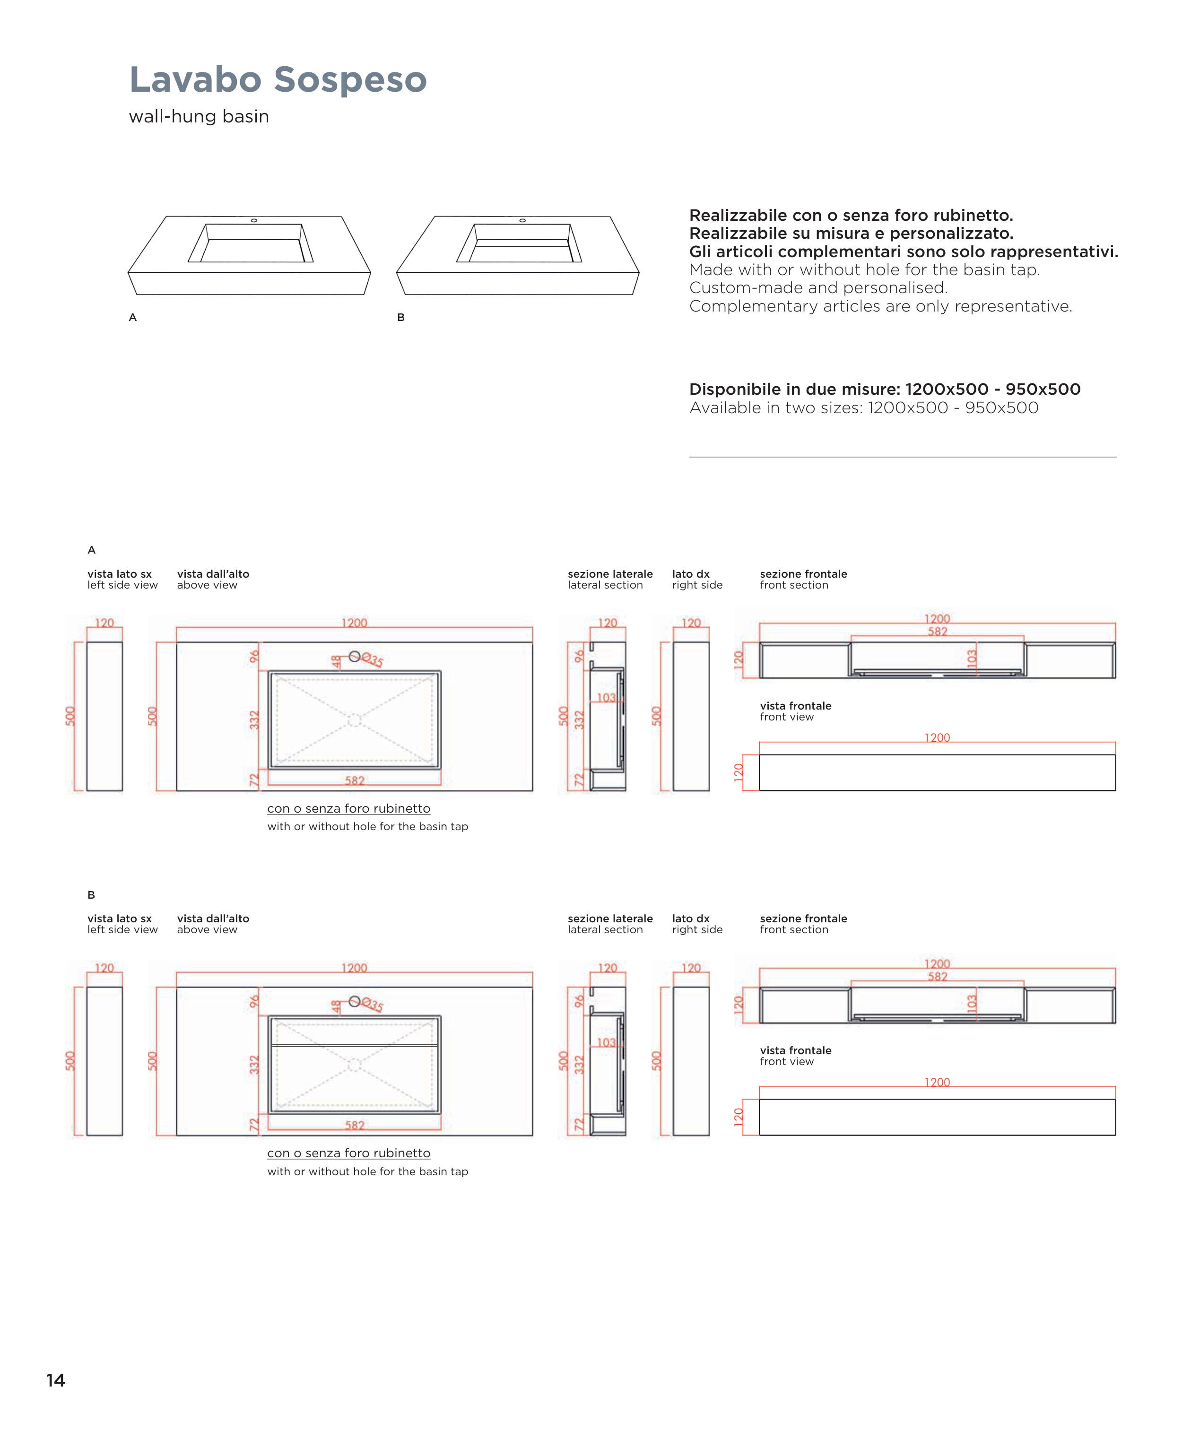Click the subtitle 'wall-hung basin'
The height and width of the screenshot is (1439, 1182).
199,116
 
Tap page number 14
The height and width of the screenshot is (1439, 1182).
56,1380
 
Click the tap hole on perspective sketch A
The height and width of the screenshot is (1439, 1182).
254,221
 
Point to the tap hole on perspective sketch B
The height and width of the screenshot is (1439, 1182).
522,221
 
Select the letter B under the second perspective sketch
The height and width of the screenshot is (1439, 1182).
401,317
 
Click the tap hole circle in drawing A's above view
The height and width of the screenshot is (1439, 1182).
355,656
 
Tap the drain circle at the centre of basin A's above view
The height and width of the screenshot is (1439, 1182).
355,719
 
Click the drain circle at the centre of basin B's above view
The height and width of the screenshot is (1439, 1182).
355,1065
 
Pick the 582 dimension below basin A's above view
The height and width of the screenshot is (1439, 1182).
355,781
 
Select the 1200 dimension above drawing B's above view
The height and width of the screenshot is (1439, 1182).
354,968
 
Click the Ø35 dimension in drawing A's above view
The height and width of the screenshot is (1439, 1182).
373,659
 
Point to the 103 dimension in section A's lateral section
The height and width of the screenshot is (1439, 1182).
606,698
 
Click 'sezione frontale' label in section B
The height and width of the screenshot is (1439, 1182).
803,918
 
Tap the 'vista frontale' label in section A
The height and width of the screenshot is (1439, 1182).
795,706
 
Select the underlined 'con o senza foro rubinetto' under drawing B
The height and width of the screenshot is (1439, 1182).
348,1153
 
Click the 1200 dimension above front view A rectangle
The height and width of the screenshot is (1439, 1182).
937,738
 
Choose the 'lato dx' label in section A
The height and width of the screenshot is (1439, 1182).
690,574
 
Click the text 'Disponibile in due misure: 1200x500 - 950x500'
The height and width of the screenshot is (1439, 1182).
885,390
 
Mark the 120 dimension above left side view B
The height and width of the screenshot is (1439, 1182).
104,968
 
